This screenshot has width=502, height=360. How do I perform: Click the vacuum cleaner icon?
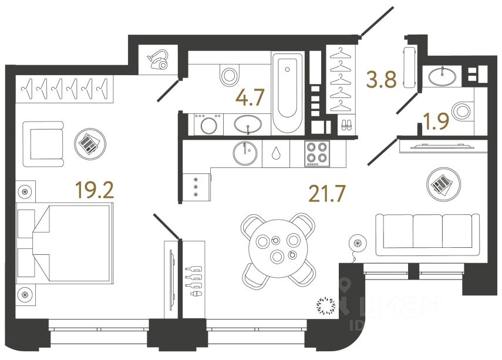pyautogui.click(x=159, y=59)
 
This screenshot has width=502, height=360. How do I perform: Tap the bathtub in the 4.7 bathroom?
pyautogui.click(x=287, y=92)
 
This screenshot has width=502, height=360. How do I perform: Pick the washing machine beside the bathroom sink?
pyautogui.click(x=208, y=125)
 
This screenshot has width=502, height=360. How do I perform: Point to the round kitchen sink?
pyautogui.click(x=245, y=154)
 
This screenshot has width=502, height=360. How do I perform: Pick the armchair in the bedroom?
pyautogui.click(x=43, y=143)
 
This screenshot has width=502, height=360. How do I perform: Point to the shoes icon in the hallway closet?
pyautogui.click(x=346, y=125)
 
